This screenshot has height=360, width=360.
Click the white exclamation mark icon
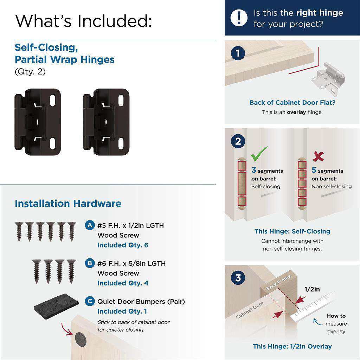[x=239, y=18]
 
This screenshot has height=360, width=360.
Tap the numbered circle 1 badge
[x=238, y=53]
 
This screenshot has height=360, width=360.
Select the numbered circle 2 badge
[x=238, y=141]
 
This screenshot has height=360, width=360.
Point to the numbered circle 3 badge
[x=238, y=278]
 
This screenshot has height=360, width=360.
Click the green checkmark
[x=259, y=153]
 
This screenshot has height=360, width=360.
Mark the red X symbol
[x=318, y=156]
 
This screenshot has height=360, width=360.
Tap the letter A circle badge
[x=90, y=225]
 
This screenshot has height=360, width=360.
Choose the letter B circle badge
[x=90, y=263]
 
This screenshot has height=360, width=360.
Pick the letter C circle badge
[x=90, y=301]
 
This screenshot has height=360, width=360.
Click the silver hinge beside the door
[x=327, y=78]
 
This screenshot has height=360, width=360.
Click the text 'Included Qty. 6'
[x=123, y=245]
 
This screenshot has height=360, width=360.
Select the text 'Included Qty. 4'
[x=123, y=283]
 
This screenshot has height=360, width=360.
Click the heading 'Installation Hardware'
[x=68, y=204]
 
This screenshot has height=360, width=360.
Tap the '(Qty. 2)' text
[x=30, y=72]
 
